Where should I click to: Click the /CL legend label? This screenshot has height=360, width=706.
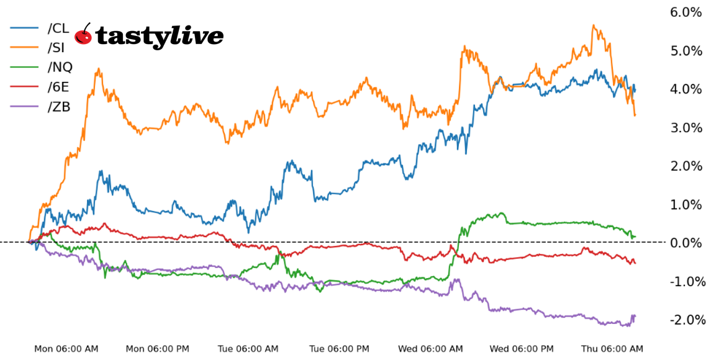click(x=58, y=28)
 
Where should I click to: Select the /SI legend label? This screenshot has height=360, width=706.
click(x=56, y=48)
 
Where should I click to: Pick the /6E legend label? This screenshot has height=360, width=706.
click(x=58, y=87)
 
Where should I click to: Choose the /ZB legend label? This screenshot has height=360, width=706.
click(x=59, y=107)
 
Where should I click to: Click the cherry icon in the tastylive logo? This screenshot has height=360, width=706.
click(x=83, y=35)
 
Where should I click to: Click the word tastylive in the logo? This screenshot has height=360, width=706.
click(x=159, y=37)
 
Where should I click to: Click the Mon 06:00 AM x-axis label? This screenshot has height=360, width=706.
click(x=66, y=349)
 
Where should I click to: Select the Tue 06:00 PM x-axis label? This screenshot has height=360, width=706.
click(x=340, y=349)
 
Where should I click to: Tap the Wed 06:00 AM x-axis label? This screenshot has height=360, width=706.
click(x=431, y=349)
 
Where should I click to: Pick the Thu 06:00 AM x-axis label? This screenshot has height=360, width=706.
click(x=612, y=349)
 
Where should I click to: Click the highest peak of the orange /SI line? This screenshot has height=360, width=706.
click(x=594, y=26)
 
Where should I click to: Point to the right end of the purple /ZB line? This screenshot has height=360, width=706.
click(x=635, y=316)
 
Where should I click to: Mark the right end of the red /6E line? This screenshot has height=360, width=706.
click(x=635, y=263)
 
